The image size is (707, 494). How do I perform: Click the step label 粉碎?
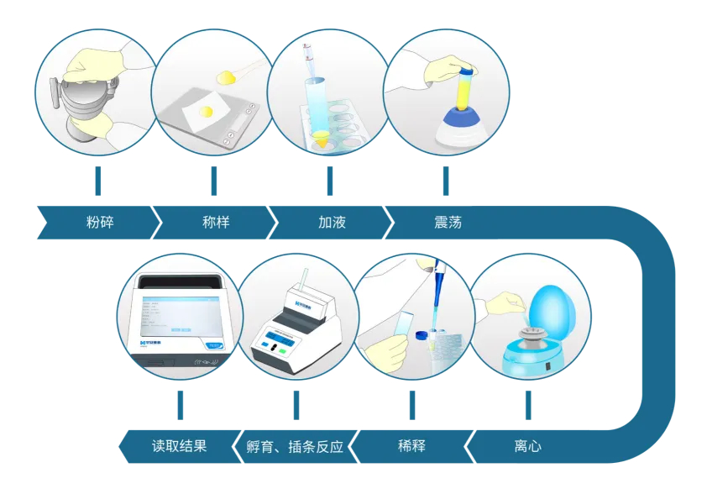100,222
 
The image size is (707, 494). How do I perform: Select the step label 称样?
216,222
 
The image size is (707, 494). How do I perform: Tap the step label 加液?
332,222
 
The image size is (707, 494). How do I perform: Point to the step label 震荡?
448,222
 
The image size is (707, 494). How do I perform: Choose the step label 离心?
527,446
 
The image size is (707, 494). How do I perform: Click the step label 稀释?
411,446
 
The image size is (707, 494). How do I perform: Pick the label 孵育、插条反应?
295,447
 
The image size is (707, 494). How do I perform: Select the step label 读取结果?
179,446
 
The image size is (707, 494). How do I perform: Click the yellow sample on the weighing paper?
207,111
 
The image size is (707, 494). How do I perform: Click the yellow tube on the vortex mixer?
465,87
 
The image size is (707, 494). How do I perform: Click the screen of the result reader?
181,316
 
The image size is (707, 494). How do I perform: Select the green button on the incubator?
282,351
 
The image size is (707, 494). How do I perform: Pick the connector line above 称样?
214,181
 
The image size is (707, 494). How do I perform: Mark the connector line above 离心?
528,405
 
